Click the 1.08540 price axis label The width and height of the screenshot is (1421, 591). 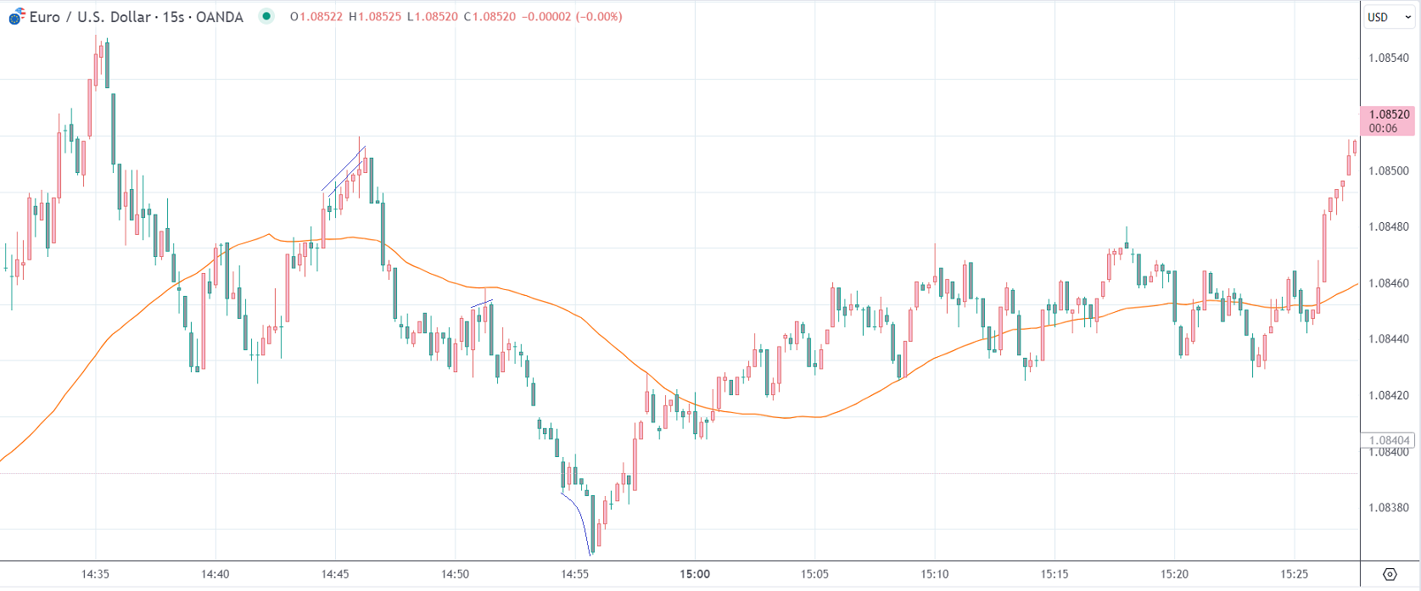coord(1388,59)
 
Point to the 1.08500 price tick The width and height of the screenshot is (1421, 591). coord(1388,170)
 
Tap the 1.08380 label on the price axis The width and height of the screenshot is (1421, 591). coord(1388,508)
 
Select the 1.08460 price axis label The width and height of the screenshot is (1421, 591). coord(1388,283)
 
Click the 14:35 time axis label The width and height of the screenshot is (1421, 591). coord(95,574)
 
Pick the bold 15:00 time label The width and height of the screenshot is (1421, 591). coord(695,574)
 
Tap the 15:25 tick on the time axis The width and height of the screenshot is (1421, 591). coord(1295,574)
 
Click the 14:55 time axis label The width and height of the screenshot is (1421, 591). coord(574,574)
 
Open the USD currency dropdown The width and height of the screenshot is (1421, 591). coord(1389,17)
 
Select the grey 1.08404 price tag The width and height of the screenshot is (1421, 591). coord(1388,440)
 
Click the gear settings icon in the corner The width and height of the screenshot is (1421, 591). coord(1390,574)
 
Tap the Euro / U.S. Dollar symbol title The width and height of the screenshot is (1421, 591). coord(136,17)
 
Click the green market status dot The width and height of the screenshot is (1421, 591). coord(266,16)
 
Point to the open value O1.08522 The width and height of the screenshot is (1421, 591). coord(316,17)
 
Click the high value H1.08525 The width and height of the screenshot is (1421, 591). coord(375,17)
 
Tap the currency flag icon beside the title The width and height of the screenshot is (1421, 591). coord(16,16)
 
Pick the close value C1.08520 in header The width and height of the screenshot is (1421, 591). coord(490,17)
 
